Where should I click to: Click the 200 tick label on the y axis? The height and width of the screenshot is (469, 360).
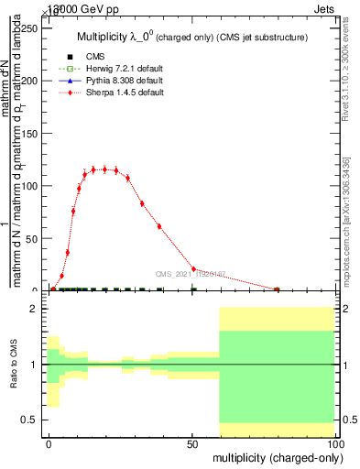(29, 81)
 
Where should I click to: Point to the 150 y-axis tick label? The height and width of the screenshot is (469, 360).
(29, 134)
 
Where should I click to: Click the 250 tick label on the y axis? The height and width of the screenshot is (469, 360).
(29, 28)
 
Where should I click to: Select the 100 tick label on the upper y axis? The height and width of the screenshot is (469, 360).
(29, 186)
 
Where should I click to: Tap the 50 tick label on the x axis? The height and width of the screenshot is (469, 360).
(192, 442)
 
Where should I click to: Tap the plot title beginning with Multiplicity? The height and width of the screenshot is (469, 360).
(191, 37)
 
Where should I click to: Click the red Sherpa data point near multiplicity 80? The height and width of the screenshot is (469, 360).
(277, 289)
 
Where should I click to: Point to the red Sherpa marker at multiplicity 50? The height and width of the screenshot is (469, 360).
(192, 269)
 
